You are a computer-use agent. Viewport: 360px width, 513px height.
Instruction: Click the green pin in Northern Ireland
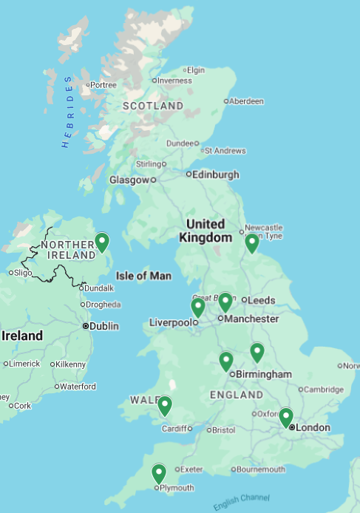(102, 242)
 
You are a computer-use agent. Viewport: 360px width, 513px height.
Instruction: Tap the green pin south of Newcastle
(252, 242)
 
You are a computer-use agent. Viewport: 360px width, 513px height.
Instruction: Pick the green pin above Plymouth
(159, 473)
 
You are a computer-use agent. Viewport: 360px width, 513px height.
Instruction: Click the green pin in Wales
(165, 405)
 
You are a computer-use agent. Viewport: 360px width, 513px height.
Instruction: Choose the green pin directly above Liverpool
(198, 307)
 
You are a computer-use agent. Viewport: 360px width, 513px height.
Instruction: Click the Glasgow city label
(129, 180)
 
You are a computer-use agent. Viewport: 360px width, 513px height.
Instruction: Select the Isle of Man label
(143, 276)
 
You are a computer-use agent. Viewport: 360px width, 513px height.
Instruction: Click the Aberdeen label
(246, 101)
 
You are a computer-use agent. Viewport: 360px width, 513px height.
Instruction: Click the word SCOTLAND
(152, 106)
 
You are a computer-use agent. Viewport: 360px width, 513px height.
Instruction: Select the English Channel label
(241, 502)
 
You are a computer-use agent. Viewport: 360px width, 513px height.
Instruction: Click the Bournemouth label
(261, 469)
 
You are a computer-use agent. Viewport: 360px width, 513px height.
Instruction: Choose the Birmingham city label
(263, 374)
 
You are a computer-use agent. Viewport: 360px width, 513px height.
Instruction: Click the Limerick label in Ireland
(24, 364)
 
